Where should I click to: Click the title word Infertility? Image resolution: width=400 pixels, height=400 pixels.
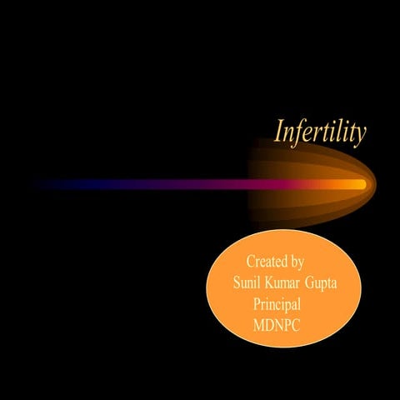321,132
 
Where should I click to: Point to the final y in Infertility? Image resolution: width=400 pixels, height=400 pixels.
360,135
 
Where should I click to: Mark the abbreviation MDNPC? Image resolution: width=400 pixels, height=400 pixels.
276,325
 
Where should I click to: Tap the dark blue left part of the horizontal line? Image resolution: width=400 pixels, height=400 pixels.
67,184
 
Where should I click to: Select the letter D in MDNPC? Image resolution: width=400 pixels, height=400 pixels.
269,325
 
